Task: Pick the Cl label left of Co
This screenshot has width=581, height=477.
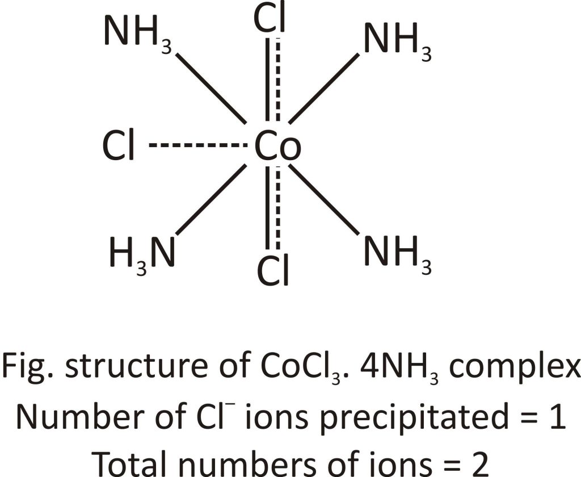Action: click(119, 147)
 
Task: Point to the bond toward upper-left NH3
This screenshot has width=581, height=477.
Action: click(210, 88)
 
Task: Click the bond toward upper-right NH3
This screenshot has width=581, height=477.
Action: click(324, 88)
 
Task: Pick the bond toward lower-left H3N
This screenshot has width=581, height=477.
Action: click(211, 199)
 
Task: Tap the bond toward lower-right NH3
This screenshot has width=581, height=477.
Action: click(323, 199)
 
